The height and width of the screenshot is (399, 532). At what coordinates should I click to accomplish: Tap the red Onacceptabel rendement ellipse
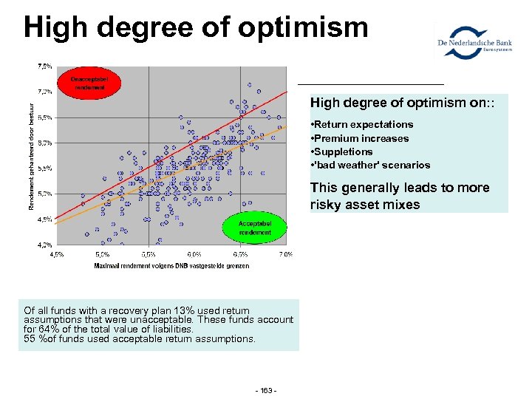89,83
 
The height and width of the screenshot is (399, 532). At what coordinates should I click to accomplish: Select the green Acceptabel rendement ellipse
255,228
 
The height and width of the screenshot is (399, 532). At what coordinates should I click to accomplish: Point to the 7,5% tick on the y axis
45,66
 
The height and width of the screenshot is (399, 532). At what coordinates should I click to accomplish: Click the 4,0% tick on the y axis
45,244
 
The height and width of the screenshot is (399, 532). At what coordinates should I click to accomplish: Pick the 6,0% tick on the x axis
194,254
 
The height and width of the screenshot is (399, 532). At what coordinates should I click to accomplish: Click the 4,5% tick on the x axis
56,254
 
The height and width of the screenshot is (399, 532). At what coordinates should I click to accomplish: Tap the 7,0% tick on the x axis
286,254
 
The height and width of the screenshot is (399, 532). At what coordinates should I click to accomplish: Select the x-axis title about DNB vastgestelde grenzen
171,265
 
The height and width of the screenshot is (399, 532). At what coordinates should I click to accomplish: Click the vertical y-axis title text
32,155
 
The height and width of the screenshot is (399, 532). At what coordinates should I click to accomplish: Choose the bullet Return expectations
361,124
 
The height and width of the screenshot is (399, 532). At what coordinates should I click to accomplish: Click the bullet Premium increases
359,138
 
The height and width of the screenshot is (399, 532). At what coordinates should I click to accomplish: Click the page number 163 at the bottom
265,389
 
